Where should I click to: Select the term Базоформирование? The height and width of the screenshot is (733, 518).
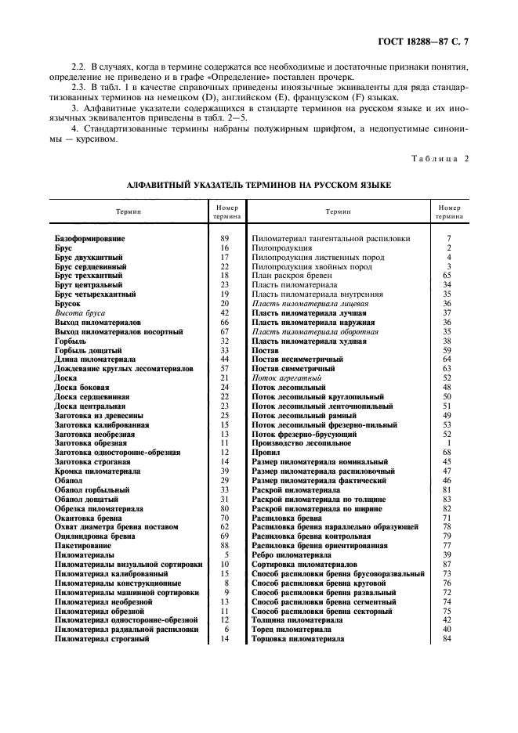pyautogui.click(x=90, y=237)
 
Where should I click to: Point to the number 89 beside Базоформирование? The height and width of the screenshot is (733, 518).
pyautogui.click(x=225, y=237)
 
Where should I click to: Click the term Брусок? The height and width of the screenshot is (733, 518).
pyautogui.click(x=68, y=303)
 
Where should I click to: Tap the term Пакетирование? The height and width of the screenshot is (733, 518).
pyautogui.click(x=82, y=545)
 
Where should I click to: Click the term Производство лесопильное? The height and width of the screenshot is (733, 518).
pyautogui.click(x=300, y=442)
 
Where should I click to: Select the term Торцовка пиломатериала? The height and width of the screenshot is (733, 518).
pyautogui.click(x=298, y=639)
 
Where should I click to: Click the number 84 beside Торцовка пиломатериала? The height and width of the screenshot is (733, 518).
pyautogui.click(x=447, y=639)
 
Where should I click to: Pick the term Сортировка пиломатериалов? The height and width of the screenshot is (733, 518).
pyautogui.click(x=304, y=564)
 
